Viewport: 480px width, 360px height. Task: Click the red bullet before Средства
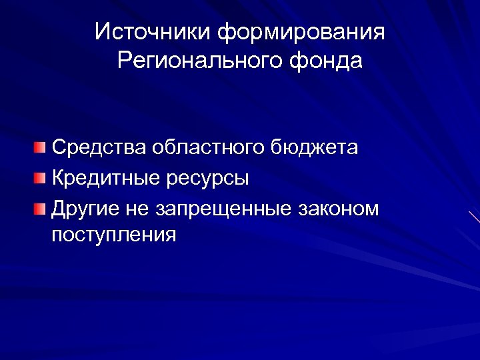(41, 147)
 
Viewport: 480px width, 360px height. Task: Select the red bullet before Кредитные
(41, 178)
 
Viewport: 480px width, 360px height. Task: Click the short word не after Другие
(131, 209)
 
